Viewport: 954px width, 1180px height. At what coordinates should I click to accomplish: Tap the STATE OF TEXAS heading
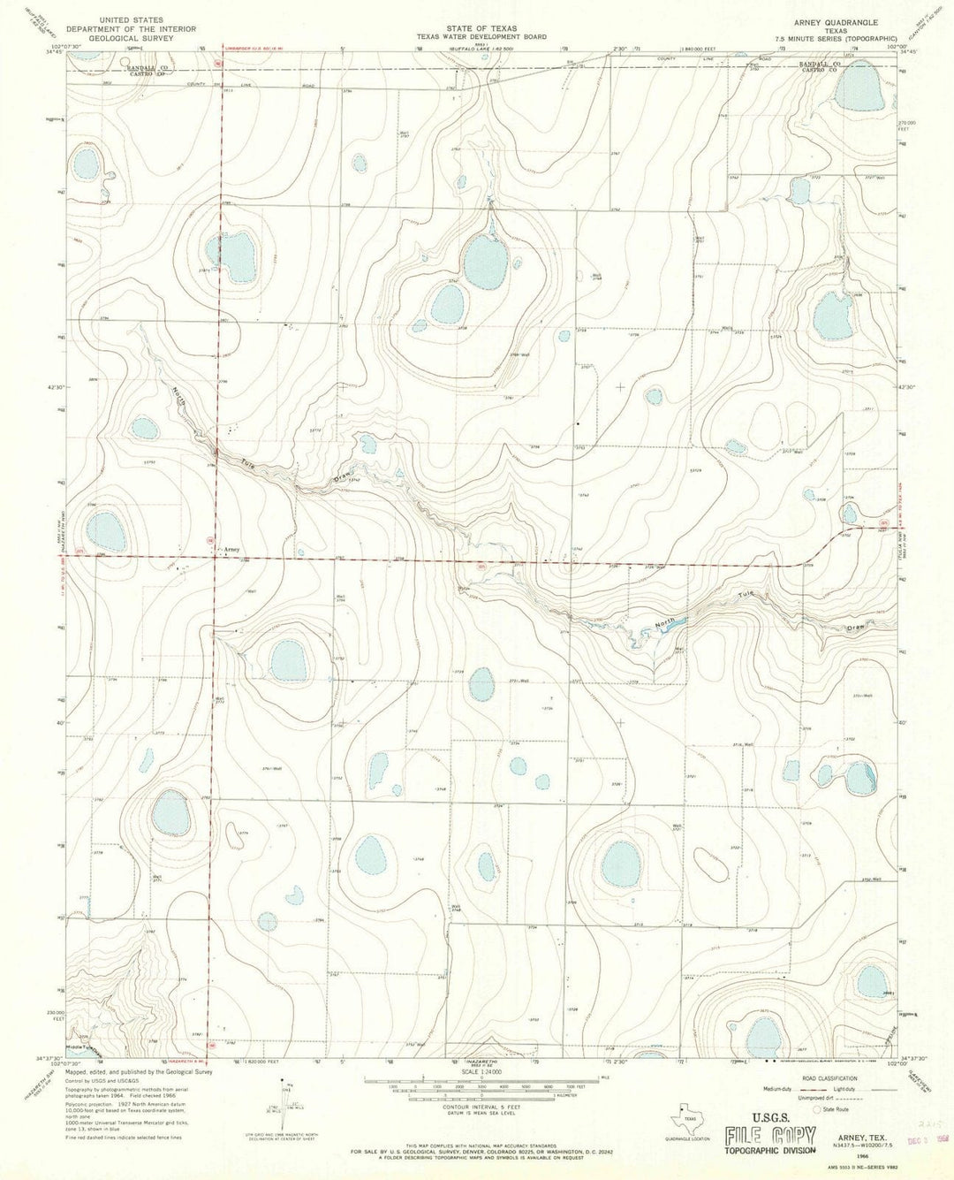482,29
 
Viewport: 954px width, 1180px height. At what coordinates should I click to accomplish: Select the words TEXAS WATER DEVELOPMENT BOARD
482,37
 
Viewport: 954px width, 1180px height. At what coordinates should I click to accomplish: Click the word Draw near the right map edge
852,627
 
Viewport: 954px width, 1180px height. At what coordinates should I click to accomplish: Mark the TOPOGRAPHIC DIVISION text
766,1151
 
